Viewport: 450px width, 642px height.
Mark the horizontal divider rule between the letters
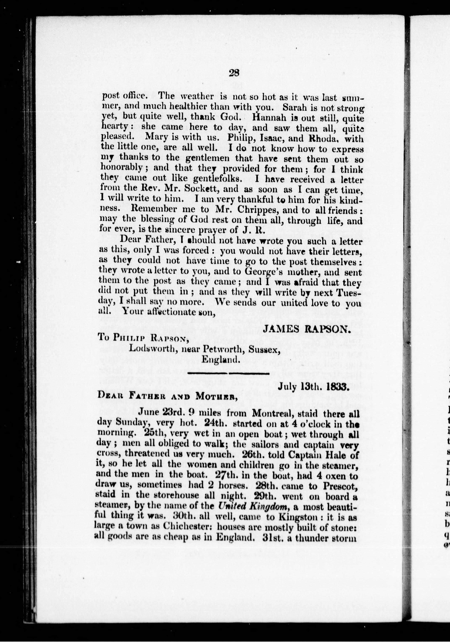[x=228, y=373]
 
